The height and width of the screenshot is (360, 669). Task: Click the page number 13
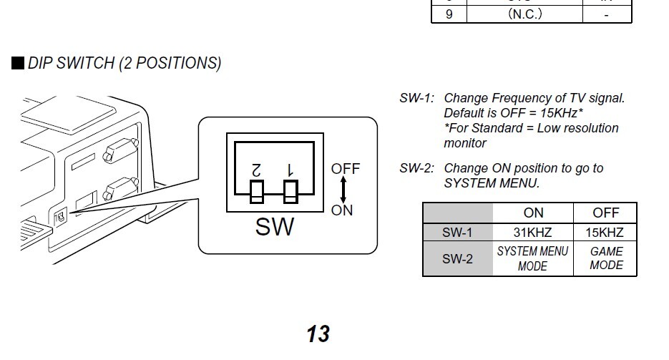coord(318,334)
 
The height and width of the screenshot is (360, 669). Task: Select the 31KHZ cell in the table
coord(533,232)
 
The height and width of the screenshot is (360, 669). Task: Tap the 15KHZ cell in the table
coord(605,232)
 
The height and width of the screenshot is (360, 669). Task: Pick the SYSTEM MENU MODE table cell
coord(533,258)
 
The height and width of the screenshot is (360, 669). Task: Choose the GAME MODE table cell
coord(605,258)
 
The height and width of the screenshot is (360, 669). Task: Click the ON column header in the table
coord(533,213)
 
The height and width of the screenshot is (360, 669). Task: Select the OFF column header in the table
coord(605,213)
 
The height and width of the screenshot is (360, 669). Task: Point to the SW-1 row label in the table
coord(457,232)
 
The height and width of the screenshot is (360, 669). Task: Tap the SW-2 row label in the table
coord(457,258)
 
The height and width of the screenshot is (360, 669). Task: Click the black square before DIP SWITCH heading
coord(18,63)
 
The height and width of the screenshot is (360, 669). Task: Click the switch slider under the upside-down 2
coord(256,192)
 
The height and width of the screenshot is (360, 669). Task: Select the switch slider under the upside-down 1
coord(290,191)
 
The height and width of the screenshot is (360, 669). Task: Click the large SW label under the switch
coord(275,227)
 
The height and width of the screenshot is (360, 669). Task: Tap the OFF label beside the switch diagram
coord(346,169)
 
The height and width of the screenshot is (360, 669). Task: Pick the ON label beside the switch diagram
coord(342,210)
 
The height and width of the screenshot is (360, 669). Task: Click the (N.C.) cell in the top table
coord(525,14)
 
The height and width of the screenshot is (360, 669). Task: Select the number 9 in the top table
coord(449,14)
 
